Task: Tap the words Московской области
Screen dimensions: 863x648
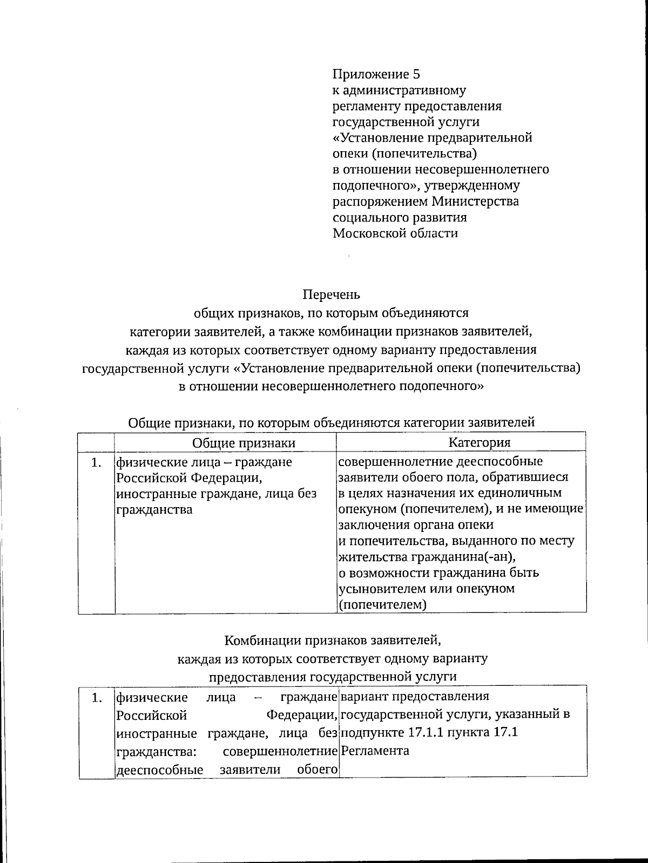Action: click(x=395, y=233)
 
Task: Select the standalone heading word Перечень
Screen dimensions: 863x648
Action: click(x=331, y=295)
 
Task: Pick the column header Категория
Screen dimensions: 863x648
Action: click(x=479, y=442)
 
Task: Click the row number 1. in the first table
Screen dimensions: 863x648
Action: click(x=96, y=462)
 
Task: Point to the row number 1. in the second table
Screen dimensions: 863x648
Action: click(x=96, y=698)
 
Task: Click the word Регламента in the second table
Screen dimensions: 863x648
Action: click(x=375, y=750)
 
